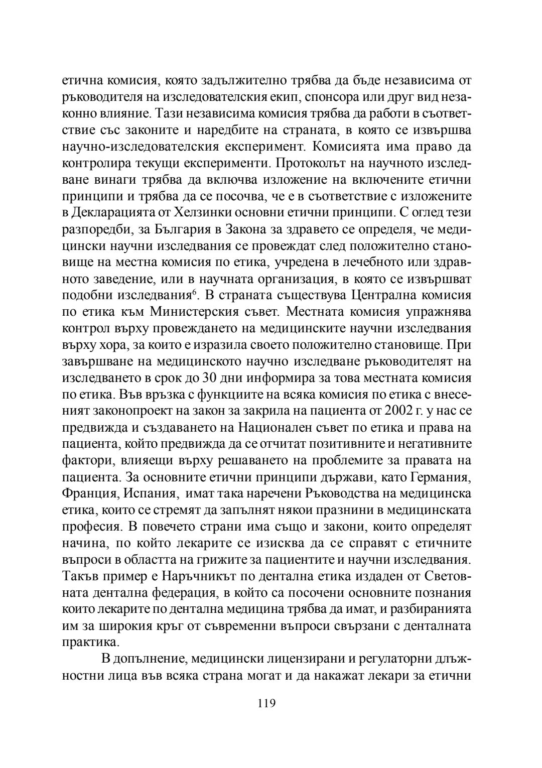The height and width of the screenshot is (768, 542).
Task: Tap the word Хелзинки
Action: pos(201,213)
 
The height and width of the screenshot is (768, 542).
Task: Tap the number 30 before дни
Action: pos(209,378)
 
